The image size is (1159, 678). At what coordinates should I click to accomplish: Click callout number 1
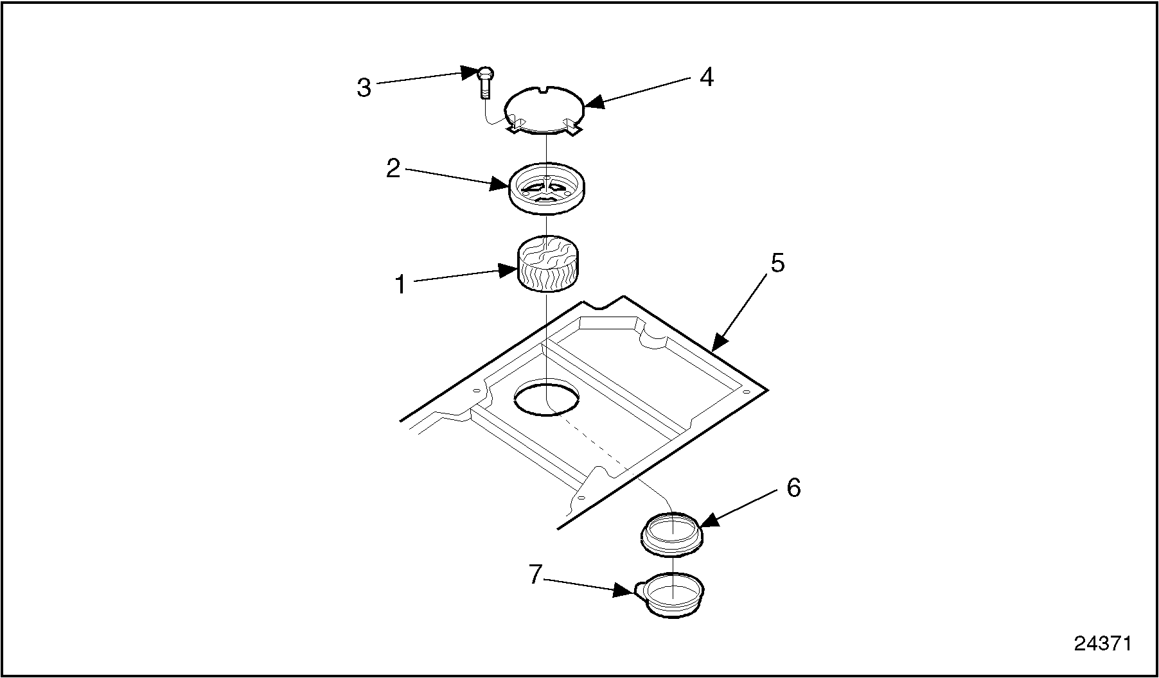pos(401,284)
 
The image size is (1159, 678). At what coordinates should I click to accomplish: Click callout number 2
pos(393,169)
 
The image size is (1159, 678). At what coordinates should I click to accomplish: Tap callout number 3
pos(364,88)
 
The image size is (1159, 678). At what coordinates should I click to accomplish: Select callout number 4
pos(706,78)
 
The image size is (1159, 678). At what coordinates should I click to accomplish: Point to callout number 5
pos(777,263)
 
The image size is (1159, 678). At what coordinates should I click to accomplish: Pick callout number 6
pos(793,489)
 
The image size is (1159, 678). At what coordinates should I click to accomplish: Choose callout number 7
pos(536,575)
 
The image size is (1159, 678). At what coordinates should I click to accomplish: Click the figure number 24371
pos(1103,644)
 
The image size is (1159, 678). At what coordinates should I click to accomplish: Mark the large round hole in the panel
pos(547,398)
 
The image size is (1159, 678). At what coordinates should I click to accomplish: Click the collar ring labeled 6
pos(671,533)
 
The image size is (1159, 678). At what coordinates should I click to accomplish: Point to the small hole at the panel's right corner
pos(747,390)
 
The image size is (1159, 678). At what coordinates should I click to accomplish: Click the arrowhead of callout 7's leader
pos(632,592)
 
